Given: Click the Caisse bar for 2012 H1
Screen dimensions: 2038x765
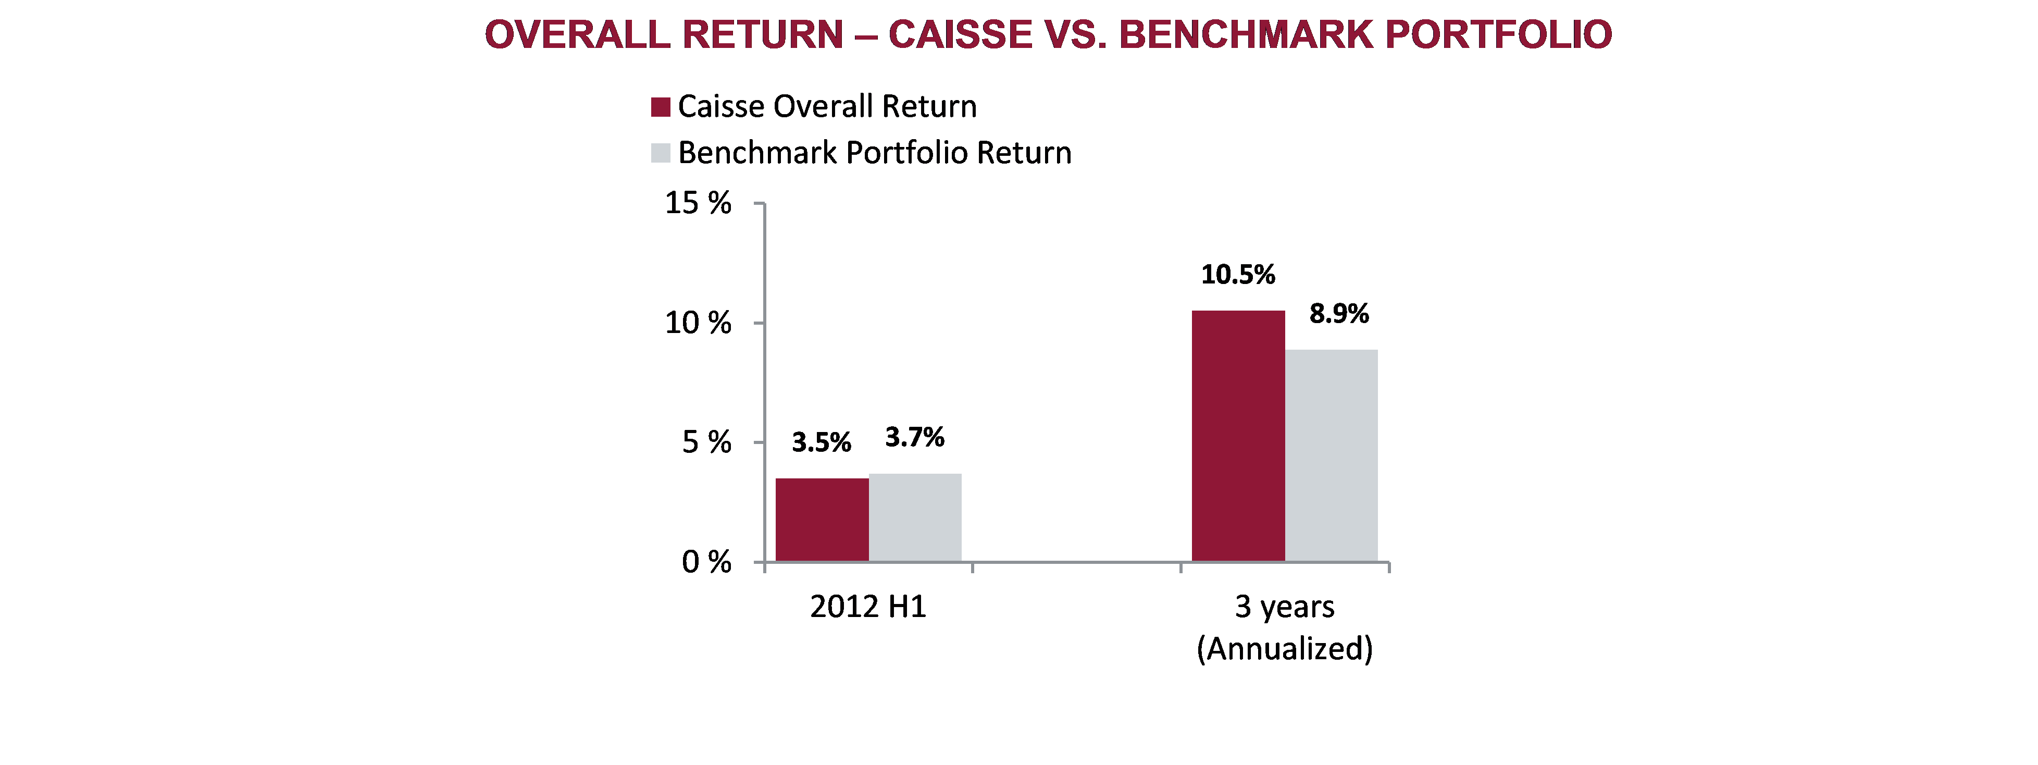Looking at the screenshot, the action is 822,520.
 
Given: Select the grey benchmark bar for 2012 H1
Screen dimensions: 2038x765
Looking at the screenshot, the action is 915,517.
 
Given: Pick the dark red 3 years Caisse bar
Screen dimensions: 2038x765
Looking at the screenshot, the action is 1238,436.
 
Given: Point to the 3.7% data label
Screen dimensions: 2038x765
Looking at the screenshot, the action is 915,437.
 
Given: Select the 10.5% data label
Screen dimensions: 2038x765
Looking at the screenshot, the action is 1238,275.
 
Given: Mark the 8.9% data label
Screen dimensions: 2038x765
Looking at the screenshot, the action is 1339,313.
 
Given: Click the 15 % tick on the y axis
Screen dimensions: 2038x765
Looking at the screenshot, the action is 698,203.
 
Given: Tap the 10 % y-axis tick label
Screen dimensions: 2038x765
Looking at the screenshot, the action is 698,323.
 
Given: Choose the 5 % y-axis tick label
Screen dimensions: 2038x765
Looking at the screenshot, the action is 706,442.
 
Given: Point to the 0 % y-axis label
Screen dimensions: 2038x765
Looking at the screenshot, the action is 706,562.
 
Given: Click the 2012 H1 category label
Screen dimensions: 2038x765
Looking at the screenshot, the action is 868,607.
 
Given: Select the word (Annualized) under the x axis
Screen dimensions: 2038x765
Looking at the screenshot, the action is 1285,649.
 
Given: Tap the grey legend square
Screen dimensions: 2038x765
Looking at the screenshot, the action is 661,153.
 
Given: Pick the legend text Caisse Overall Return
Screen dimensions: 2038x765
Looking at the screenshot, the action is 827,106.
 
